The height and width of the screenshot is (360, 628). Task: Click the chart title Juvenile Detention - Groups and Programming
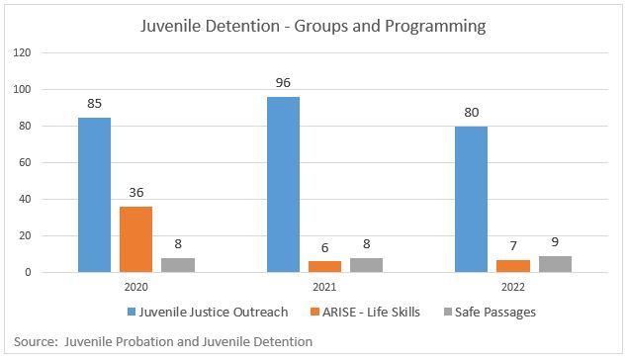tap(314, 26)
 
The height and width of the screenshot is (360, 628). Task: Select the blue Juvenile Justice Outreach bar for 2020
tap(95, 195)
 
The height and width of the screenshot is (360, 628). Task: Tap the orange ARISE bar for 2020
tap(135, 239)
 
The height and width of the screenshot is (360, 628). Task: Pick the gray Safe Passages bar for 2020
tap(177, 265)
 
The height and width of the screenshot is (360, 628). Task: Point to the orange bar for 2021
tap(324, 267)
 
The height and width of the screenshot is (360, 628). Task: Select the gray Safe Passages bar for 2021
tap(366, 265)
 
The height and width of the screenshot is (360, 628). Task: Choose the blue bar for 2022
tap(471, 200)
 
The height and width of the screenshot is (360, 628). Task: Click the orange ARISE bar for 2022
tap(512, 266)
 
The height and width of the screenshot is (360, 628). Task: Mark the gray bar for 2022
tap(554, 264)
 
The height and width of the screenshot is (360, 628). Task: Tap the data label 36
tap(135, 195)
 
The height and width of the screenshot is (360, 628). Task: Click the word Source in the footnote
tap(36, 341)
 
